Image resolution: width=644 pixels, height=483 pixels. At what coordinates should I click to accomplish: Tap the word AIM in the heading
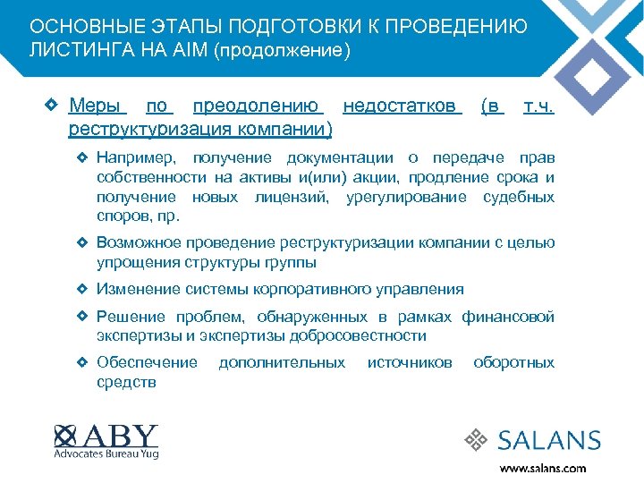pyautogui.click(x=202, y=51)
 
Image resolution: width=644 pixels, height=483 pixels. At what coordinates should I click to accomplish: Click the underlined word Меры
pyautogui.click(x=97, y=107)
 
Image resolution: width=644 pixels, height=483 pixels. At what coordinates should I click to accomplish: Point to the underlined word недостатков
pyautogui.click(x=401, y=107)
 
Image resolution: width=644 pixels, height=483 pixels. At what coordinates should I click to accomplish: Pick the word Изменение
pyautogui.click(x=139, y=289)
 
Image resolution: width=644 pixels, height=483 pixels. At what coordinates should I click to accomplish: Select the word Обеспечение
pyautogui.click(x=147, y=362)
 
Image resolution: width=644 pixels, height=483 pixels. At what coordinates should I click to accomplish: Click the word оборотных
pyautogui.click(x=513, y=362)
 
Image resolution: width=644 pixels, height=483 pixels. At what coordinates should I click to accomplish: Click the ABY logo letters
pyautogui.click(x=123, y=435)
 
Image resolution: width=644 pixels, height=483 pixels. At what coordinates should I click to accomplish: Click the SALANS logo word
pyautogui.click(x=549, y=440)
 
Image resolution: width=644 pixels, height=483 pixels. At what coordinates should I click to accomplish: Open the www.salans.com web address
pyautogui.click(x=543, y=467)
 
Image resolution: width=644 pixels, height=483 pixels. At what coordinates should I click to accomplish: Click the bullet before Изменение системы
pyautogui.click(x=82, y=289)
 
